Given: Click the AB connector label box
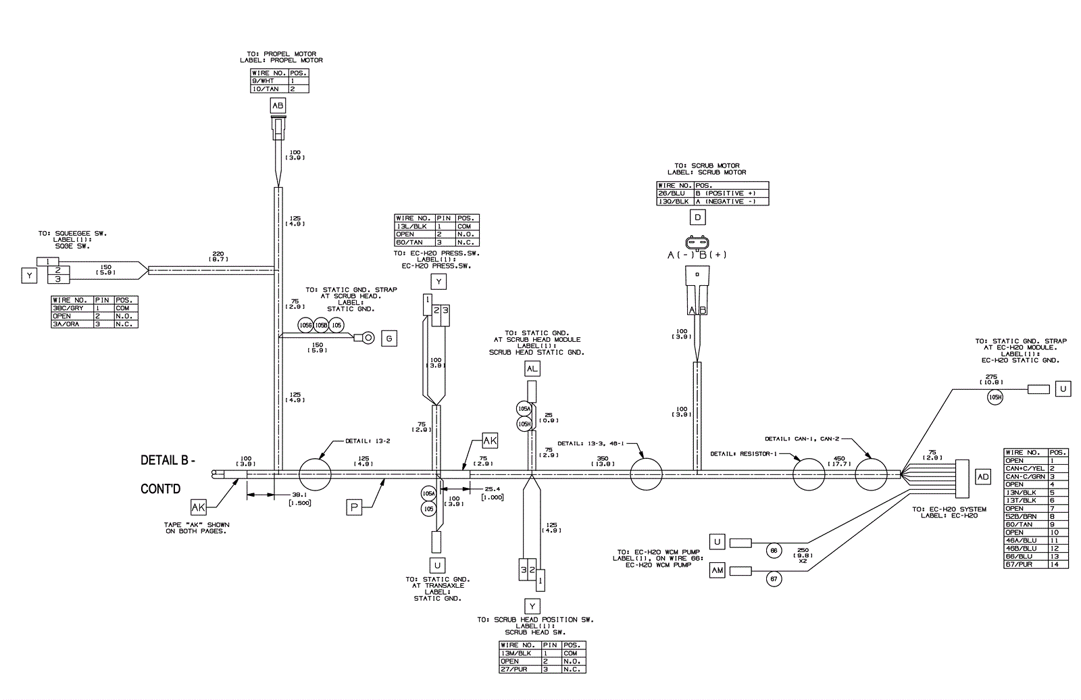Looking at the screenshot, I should pyautogui.click(x=278, y=105).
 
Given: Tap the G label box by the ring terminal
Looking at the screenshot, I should pyautogui.click(x=389, y=339).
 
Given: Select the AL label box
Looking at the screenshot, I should pyautogui.click(x=532, y=368).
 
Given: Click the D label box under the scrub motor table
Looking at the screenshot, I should pyautogui.click(x=697, y=218).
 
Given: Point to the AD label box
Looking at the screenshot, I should pyautogui.click(x=983, y=477).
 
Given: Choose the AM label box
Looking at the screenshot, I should pyautogui.click(x=718, y=571).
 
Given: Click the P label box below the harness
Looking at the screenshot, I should pyautogui.click(x=355, y=507).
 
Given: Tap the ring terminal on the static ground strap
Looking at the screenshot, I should pyautogui.click(x=368, y=336).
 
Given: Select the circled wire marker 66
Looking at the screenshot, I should pyautogui.click(x=774, y=551).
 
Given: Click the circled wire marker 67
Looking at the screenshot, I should pyautogui.click(x=774, y=579).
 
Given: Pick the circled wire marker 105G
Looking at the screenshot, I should pyautogui.click(x=305, y=326).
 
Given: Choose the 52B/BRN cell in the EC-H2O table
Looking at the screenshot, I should pyautogui.click(x=1026, y=516).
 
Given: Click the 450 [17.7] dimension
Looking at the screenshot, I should pyautogui.click(x=838, y=461).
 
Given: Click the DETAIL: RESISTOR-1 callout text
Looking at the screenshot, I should pyautogui.click(x=740, y=453).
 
